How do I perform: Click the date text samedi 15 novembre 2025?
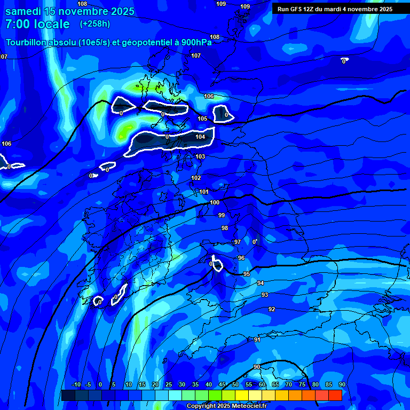coord(69,11)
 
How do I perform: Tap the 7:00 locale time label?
coord(37,24)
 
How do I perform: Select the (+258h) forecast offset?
coord(95,24)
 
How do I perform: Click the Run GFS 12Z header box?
coord(335,9)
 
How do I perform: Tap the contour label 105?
coord(202,119)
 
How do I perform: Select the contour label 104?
coord(200,137)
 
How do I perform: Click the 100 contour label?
coord(215,202)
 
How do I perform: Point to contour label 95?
coord(247,274)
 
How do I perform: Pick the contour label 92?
coord(272,309)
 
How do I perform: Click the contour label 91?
coord(257,340)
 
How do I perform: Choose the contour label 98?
coord(225,228)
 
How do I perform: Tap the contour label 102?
coord(196,178)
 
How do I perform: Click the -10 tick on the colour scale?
coord(76,384)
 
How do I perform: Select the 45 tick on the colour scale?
coord(222,384)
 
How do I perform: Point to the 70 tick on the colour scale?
coord(289,384)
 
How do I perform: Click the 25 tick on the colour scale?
coord(168,384)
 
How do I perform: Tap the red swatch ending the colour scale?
coord(335,395)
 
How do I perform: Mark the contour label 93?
coord(265,295)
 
